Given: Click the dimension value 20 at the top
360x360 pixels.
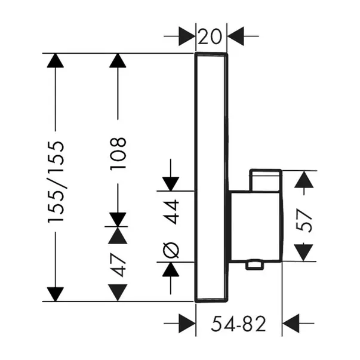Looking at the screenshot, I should (211, 36).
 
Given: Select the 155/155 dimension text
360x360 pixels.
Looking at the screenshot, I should (56, 183).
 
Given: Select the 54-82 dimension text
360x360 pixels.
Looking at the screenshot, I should (239, 325).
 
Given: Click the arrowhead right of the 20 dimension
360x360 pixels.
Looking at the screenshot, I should (235, 36).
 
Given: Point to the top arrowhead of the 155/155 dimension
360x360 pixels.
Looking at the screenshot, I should (56, 61).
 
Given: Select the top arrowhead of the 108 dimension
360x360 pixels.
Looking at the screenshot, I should (119, 61).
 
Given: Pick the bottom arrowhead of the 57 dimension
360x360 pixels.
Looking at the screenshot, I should (305, 253).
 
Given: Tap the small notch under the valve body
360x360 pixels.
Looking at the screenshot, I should (256, 263).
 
